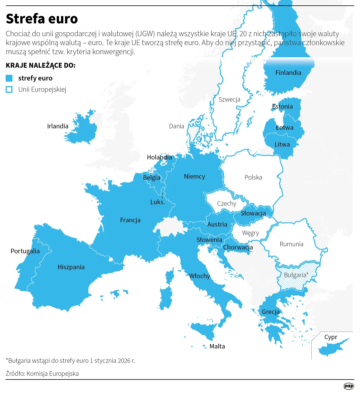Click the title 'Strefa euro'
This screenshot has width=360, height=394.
(x=42, y=19)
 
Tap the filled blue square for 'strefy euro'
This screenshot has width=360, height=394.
(x=9, y=78)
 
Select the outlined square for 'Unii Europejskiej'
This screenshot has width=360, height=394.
(x=9, y=89)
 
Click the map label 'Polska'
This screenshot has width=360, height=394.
(x=253, y=177)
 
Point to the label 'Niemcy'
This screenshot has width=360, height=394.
(x=194, y=176)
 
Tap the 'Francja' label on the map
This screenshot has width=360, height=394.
(x=130, y=220)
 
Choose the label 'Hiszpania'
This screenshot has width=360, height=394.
(x=71, y=267)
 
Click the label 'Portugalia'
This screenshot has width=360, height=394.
(x=25, y=251)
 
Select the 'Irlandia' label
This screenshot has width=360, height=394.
(x=58, y=126)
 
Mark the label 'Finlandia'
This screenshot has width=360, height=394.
(x=288, y=73)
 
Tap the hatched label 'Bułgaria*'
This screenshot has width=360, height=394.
(x=296, y=275)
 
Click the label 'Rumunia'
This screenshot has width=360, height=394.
(x=291, y=244)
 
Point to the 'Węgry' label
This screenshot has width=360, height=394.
(x=250, y=233)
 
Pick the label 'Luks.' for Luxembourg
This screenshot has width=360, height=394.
(x=157, y=202)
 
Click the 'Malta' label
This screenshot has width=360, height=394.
(x=217, y=347)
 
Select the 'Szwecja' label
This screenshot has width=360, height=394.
(x=229, y=99)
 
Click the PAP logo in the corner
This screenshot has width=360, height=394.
(x=349, y=386)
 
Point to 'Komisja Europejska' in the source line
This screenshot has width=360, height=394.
(x=52, y=374)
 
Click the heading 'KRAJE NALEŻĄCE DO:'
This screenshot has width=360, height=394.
(x=41, y=65)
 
